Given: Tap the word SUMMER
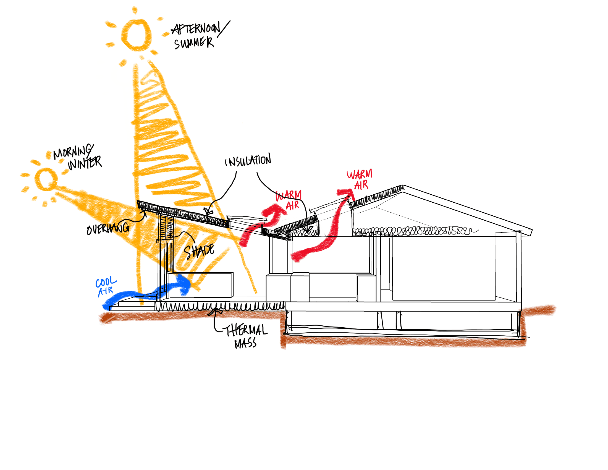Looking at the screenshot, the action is pyautogui.click(x=194, y=43).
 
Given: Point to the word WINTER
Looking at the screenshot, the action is pyautogui.click(x=85, y=163).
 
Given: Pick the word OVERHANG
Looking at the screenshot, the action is pyautogui.click(x=108, y=229).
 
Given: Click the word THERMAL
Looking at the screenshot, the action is pyautogui.click(x=246, y=330).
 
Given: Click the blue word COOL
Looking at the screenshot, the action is pyautogui.click(x=106, y=282).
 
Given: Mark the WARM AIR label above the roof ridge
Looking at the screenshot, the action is pyautogui.click(x=360, y=180).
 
